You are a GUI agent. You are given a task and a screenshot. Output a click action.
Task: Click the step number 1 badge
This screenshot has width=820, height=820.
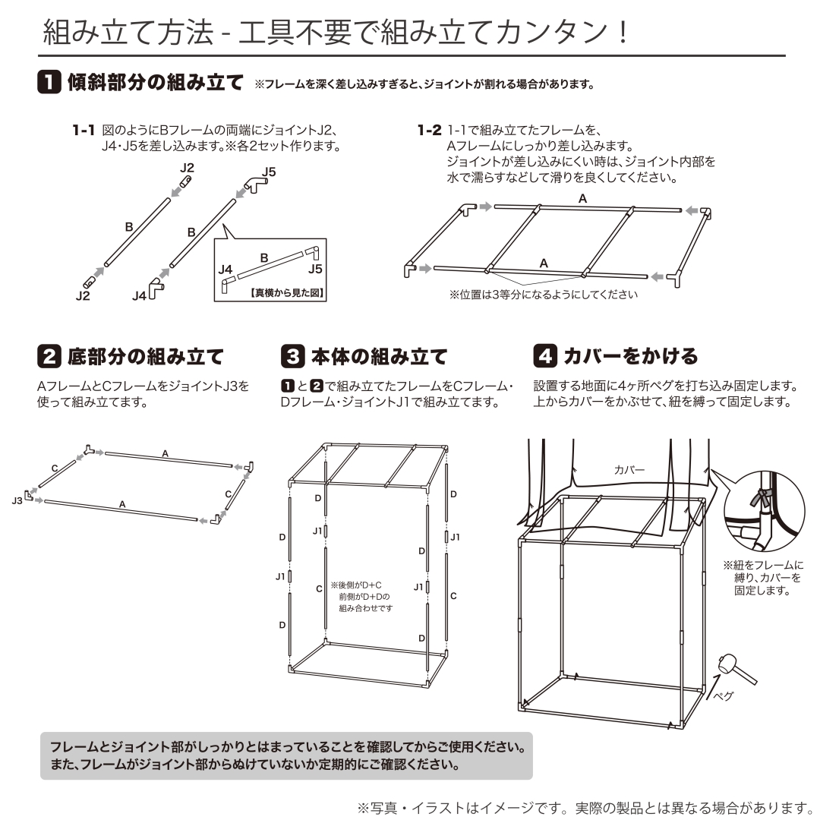pyautogui.click(x=49, y=82)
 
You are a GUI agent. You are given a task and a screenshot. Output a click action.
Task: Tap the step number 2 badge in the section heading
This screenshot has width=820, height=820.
pyautogui.click(x=49, y=357)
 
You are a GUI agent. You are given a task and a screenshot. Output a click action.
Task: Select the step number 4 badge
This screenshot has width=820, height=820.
pyautogui.click(x=545, y=356)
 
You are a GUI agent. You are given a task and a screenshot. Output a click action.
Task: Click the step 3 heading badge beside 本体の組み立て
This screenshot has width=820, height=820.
pyautogui.click(x=293, y=357)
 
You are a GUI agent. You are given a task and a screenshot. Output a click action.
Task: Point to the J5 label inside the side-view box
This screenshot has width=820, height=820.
pyautogui.click(x=315, y=270)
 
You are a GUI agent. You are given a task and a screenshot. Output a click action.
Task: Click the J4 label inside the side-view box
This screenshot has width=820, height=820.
pyautogui.click(x=225, y=270)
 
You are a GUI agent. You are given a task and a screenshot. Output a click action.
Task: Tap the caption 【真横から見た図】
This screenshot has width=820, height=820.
pyautogui.click(x=286, y=293)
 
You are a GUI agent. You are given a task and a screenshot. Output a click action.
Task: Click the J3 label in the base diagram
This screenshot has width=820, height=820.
pyautogui.click(x=17, y=501)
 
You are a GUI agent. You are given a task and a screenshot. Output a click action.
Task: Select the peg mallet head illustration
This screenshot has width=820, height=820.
pyautogui.click(x=727, y=664)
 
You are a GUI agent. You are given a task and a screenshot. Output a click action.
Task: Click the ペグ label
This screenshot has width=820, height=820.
pyautogui.click(x=724, y=696)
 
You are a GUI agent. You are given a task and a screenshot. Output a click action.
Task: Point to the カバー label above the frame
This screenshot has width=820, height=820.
pyautogui.click(x=629, y=470)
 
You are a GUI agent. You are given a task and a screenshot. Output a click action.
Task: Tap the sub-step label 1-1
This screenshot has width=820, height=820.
pyautogui.click(x=84, y=131)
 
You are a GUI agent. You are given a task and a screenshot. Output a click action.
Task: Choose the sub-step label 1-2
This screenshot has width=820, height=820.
pyautogui.click(x=429, y=131)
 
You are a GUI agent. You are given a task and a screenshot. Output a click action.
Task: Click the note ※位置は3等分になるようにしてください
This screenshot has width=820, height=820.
pyautogui.click(x=544, y=295)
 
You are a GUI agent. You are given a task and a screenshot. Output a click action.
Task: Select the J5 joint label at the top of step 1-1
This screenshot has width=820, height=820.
pyautogui.click(x=269, y=172)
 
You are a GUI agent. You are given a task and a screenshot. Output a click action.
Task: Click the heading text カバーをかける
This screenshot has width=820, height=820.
pyautogui.click(x=631, y=356)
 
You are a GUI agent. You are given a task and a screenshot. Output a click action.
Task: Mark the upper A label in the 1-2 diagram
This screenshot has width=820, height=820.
pyautogui.click(x=582, y=199)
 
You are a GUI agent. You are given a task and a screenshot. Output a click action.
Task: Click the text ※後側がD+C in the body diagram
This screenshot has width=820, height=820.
pyautogui.click(x=356, y=585)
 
